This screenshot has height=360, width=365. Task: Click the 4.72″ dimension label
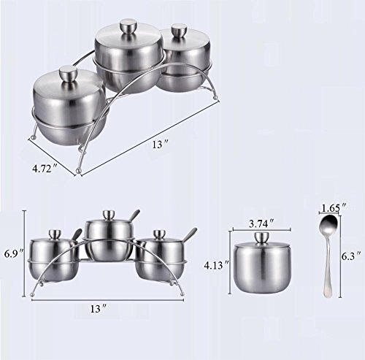(x=45, y=169)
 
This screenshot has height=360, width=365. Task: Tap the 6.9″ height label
(x=14, y=254)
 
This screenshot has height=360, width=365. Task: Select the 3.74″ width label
(x=261, y=223)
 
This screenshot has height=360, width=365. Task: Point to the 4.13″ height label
(x=217, y=265)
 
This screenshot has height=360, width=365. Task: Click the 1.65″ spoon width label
(x=334, y=208)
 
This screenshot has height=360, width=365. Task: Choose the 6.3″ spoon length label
(x=350, y=256)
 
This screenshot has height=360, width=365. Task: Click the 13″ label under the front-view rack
(x=99, y=309)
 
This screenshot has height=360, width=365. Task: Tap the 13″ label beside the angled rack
(x=161, y=145)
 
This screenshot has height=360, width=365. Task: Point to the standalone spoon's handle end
(x=327, y=294)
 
